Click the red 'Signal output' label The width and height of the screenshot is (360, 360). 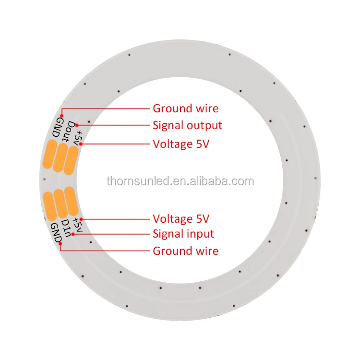pyautogui.click(x=187, y=126)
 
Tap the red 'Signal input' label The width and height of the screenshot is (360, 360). pyautogui.click(x=183, y=234)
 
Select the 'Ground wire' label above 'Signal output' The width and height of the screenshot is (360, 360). pyautogui.click(x=185, y=108)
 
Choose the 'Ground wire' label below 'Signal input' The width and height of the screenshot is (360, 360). pyautogui.click(x=185, y=251)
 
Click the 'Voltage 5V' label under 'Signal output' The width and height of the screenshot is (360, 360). pyautogui.click(x=181, y=143)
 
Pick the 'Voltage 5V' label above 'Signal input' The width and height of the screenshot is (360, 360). pyautogui.click(x=181, y=219)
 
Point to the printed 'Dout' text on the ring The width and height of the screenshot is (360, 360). pyautogui.click(x=69, y=131)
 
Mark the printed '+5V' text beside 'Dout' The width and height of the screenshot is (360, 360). pyautogui.click(x=78, y=138)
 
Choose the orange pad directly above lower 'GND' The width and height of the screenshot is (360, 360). pyautogui.click(x=50, y=204)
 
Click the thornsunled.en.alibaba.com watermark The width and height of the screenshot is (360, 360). pyautogui.click(x=180, y=181)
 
